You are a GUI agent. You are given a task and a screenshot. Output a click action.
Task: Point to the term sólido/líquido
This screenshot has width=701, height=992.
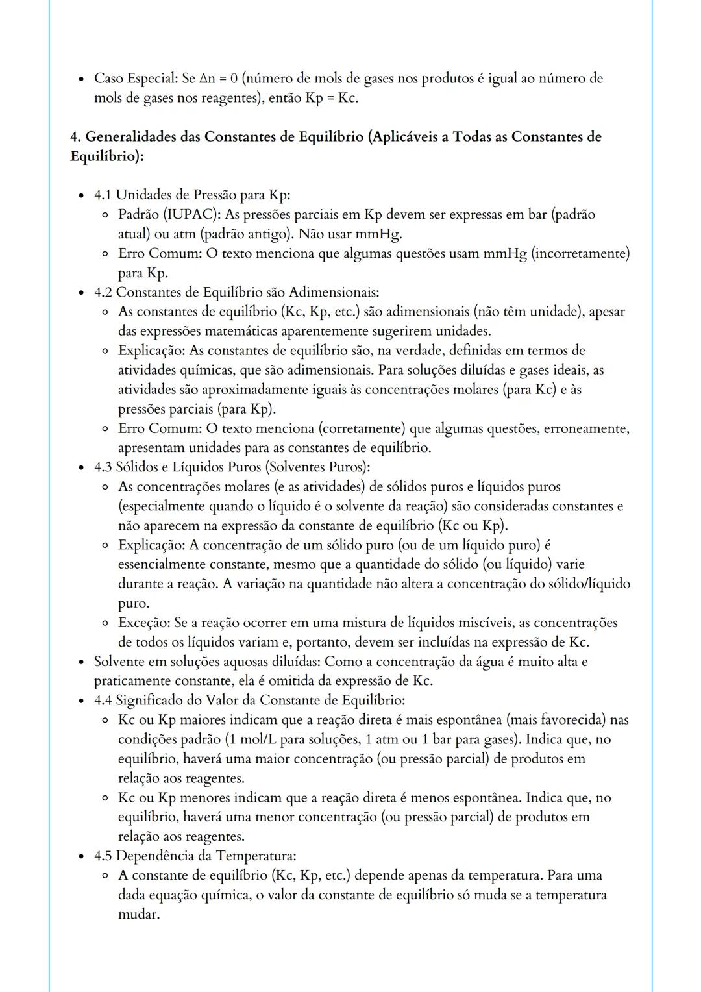click(589, 584)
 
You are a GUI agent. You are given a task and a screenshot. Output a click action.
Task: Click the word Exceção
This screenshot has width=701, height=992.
click(143, 623)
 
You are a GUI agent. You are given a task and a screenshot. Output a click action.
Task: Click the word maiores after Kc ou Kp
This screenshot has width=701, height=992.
click(205, 720)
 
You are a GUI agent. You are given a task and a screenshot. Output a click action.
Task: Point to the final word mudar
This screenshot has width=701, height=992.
click(138, 914)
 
